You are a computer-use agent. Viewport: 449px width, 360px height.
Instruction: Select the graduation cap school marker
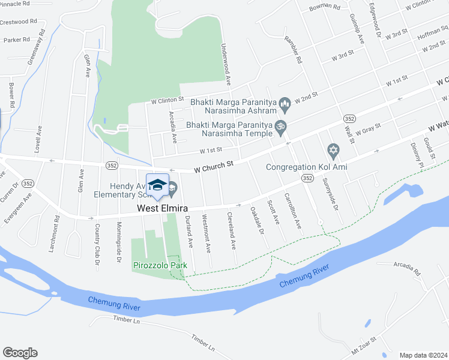[x=157, y=185]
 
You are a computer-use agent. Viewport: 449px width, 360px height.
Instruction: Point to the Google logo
[x=20, y=353]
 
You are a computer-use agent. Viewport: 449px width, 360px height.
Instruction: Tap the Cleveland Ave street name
[x=231, y=232]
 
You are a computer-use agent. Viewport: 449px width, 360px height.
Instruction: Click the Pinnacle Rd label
[x=16, y=4]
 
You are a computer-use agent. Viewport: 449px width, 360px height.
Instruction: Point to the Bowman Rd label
[x=325, y=8]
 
